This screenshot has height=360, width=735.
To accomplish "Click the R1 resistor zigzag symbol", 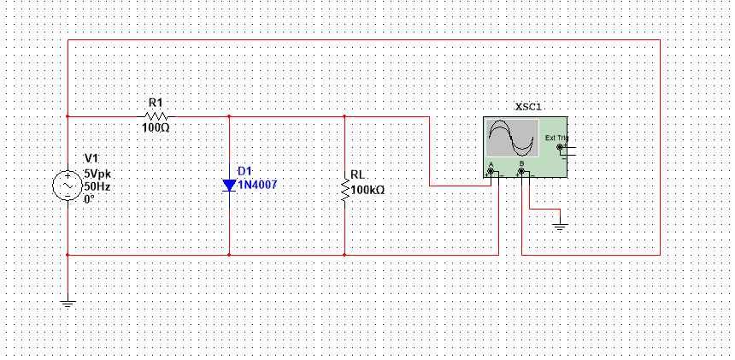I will [x=156, y=115].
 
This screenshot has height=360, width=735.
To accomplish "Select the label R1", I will [x=156, y=103].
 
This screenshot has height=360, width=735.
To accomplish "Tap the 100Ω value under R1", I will [x=156, y=127].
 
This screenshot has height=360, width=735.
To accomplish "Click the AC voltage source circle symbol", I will [x=68, y=185].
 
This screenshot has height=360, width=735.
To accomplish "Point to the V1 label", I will [x=91, y=159].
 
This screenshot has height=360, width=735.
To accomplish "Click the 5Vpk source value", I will [x=97, y=172].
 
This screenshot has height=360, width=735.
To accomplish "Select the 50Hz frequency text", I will [x=97, y=186].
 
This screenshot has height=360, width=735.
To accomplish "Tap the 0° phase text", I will [x=89, y=198].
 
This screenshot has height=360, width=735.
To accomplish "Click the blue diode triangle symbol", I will [x=229, y=185].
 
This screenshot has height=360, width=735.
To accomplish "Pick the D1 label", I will [x=245, y=172].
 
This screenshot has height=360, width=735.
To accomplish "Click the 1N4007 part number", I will [x=257, y=185].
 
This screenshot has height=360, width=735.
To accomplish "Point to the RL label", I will [x=357, y=176].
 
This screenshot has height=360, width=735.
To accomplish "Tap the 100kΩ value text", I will [x=367, y=189].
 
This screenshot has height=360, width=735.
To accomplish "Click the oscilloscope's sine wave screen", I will [x=512, y=138].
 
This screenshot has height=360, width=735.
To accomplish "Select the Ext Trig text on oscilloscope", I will [x=556, y=138].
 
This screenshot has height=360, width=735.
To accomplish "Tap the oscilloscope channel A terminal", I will [x=491, y=171].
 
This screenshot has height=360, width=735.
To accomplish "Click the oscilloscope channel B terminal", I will [x=521, y=171].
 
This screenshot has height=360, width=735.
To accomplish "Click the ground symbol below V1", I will [x=68, y=302].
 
